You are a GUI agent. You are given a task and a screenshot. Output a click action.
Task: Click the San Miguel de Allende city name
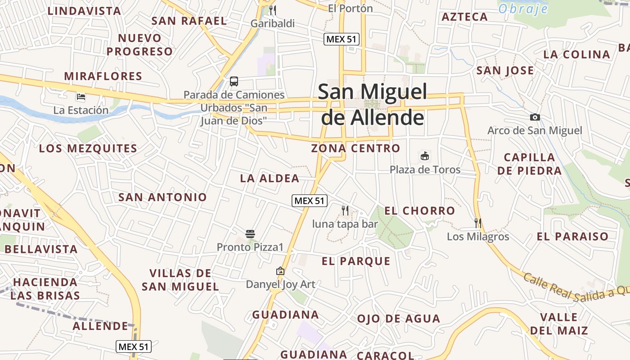[372, 104]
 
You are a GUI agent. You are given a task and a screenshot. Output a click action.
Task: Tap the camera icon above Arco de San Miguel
[535, 117]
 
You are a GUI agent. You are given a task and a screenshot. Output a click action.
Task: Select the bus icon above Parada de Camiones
[234, 81]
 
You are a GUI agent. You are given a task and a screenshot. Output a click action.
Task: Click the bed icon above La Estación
[81, 97]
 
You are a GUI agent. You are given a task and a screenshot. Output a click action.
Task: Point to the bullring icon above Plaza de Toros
[424, 156]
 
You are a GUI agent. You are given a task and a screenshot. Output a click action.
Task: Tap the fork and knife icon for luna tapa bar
[345, 210]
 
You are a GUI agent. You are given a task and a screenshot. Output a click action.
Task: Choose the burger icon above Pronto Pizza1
[250, 234]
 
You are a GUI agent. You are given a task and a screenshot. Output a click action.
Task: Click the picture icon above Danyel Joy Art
[280, 271]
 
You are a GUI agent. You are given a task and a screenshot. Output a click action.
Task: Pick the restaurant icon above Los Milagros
[478, 223]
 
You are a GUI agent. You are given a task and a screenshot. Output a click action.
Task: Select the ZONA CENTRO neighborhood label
[355, 148]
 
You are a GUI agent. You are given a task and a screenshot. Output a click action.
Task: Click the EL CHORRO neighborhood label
[419, 211]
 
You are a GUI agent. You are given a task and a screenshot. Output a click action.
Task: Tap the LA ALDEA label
[270, 179]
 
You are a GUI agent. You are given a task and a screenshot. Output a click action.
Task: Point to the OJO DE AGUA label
[398, 319]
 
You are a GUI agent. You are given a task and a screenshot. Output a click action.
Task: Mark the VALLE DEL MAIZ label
[558, 324]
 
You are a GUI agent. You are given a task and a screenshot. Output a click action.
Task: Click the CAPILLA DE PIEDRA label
[529, 164]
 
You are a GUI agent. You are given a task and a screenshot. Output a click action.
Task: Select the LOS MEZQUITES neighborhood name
[88, 148]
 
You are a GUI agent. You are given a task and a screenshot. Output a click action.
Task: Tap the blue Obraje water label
[523, 9]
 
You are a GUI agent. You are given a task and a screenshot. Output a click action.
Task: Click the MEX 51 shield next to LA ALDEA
[309, 201]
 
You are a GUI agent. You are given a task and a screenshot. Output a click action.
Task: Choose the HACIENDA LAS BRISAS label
[45, 289]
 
